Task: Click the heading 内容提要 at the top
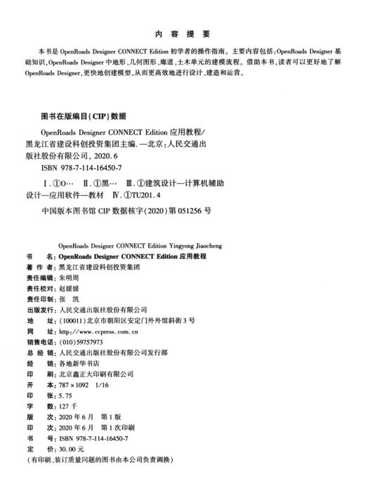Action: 182,34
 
